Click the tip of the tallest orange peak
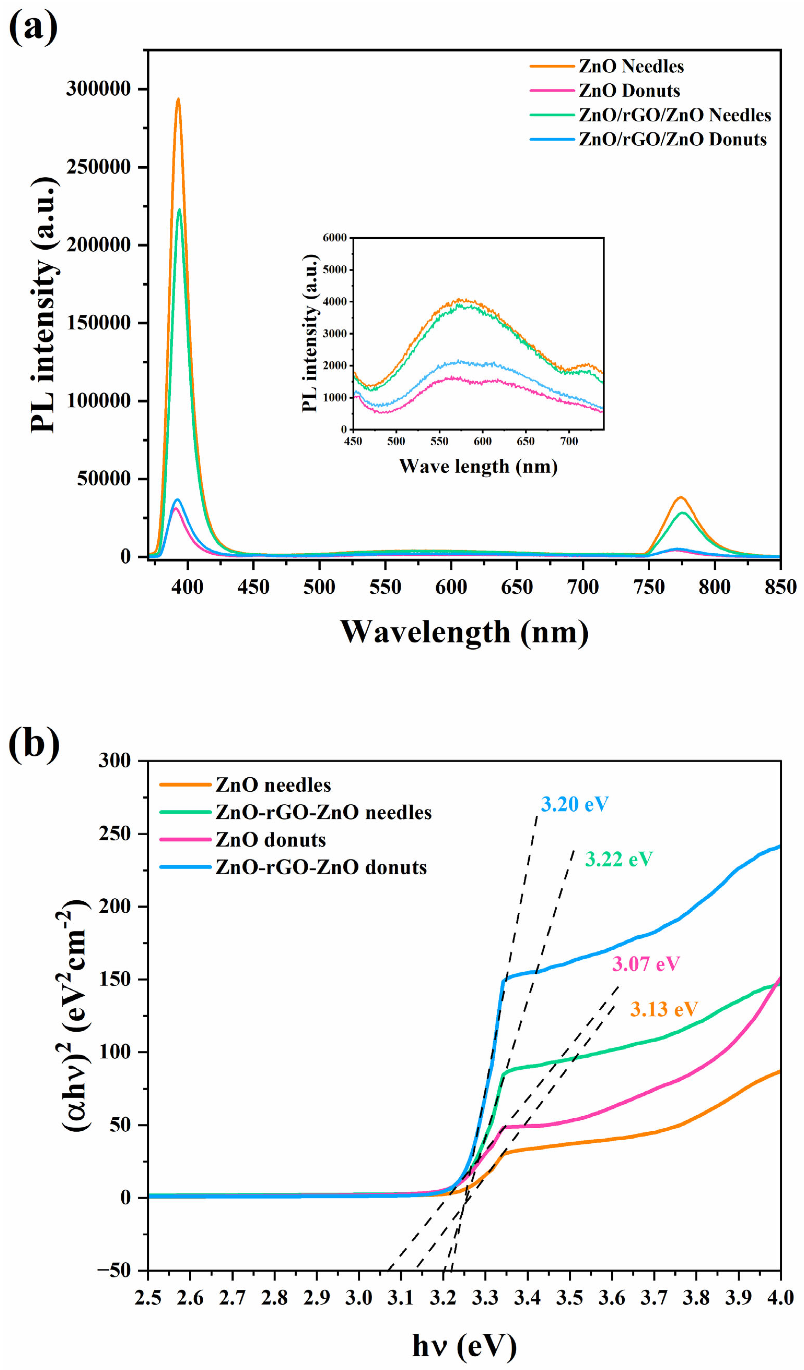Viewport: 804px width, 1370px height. click(178, 99)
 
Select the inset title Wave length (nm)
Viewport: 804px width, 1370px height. click(478, 466)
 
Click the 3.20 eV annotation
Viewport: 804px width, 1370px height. click(575, 804)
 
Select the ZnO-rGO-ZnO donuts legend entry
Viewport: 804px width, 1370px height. click(321, 867)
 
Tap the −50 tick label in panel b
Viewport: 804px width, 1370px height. click(114, 1270)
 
